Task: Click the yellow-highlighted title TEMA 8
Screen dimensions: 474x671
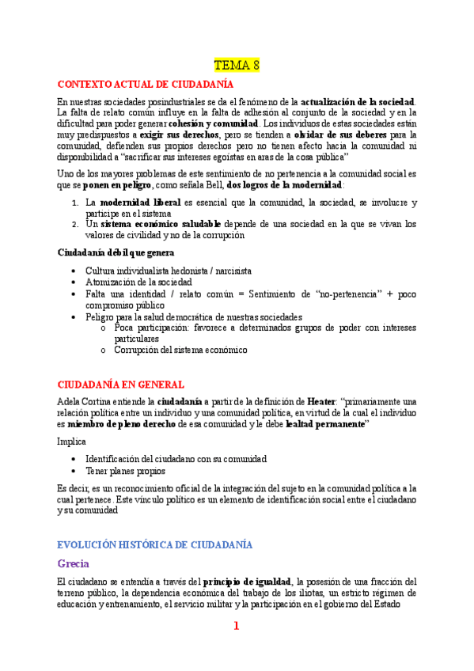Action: click(237, 63)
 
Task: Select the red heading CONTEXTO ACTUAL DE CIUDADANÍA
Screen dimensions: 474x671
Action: click(145, 83)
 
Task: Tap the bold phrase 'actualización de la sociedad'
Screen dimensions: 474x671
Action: click(358, 102)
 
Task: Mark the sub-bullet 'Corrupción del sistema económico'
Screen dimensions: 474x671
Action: click(180, 349)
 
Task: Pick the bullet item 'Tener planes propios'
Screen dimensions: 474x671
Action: click(125, 470)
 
